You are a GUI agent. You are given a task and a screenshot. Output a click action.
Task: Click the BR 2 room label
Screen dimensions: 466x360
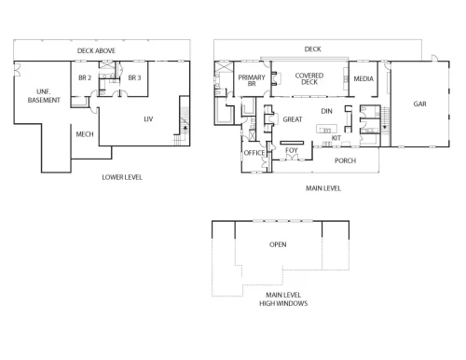[85, 77]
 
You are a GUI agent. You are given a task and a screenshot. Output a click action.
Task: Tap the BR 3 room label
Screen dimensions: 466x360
[134, 77]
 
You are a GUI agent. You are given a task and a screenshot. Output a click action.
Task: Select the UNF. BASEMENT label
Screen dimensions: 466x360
[44, 96]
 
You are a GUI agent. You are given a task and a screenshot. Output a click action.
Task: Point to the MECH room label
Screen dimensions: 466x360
[85, 134]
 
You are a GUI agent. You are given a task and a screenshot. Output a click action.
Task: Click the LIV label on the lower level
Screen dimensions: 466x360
[148, 119]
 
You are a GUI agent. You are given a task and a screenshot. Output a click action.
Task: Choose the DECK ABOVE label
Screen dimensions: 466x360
[96, 50]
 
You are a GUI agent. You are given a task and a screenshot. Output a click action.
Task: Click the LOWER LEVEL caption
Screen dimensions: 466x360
[122, 177]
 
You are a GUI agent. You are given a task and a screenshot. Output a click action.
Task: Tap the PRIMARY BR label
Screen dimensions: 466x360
[252, 80]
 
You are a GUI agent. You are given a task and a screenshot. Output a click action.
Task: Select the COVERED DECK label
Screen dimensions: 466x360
[309, 78]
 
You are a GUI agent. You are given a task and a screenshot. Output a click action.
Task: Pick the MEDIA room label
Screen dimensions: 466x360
[363, 79]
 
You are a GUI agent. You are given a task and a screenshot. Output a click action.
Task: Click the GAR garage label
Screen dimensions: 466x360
[419, 104]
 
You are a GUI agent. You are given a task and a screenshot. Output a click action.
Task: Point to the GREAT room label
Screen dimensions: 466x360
[293, 119]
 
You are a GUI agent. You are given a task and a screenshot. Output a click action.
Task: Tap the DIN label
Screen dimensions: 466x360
[326, 111]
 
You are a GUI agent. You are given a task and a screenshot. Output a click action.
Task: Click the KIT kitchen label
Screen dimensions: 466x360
[336, 138]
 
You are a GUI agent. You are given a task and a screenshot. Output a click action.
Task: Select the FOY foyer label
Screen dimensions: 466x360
[292, 150]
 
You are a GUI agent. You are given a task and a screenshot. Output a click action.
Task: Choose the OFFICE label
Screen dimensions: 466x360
[254, 153]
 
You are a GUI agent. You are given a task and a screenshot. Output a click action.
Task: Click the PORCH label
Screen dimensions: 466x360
[345, 160]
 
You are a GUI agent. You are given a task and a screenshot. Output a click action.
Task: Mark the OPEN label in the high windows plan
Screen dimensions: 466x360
[278, 244]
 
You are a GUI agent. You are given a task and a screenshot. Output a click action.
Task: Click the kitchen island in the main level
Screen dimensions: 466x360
[326, 129]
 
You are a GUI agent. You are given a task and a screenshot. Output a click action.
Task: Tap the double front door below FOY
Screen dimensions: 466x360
[292, 158]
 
